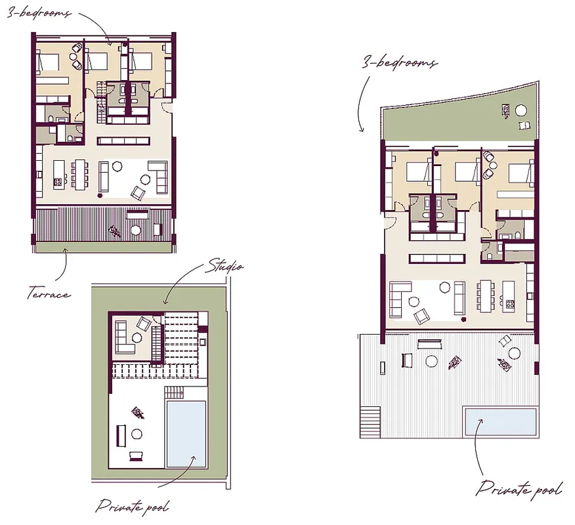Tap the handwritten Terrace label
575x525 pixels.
coord(49,293)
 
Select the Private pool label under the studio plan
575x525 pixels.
coord(133,507)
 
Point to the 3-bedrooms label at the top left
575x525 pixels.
coord(39,13)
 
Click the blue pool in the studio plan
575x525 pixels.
coord(186,434)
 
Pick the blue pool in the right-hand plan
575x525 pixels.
coord(501,421)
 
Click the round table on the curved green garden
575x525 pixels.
coord(521,110)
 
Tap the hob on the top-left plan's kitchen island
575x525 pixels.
coord(58,182)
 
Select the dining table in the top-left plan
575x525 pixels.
coord(79,174)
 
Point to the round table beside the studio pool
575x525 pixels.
coord(137,434)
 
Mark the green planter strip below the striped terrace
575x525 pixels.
coord(104,247)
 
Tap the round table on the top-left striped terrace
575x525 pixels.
coord(136,230)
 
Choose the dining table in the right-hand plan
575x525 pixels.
coord(486,296)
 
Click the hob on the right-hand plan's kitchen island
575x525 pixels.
coord(510,304)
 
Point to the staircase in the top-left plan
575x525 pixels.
coord(100,102)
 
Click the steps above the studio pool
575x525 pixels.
coord(174,393)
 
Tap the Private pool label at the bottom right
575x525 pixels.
coord(519,488)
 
